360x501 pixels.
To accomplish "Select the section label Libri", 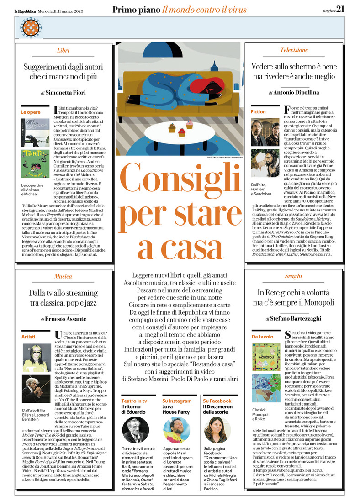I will [64, 50].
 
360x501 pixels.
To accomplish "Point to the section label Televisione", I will [294, 50].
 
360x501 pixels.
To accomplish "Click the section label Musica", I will [64, 276].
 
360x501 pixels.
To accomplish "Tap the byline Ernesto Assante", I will [66, 319].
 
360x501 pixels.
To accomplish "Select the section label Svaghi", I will [294, 276].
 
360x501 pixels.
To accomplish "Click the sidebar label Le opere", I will [31, 111].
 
